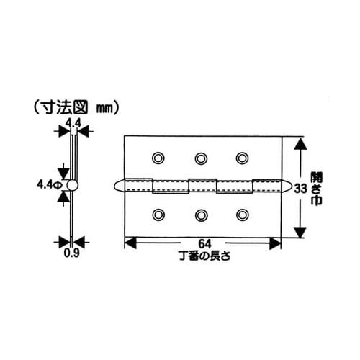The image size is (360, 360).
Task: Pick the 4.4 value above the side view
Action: coord(73,123)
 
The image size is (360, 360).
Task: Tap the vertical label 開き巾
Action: coord(317,189)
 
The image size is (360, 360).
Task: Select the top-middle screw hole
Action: coord(202,158)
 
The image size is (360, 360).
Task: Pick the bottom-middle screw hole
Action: coord(202,214)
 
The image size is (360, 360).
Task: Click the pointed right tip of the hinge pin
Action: coord(287,186)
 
